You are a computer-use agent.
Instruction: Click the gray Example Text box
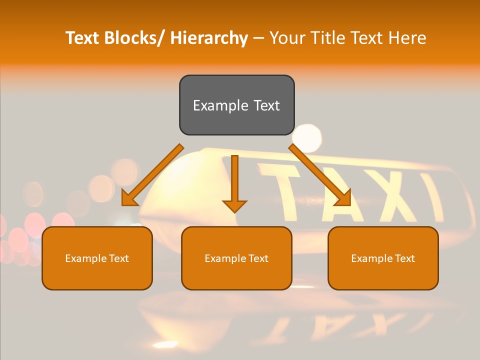click(x=236, y=105)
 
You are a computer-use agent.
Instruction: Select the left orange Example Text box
click(x=97, y=258)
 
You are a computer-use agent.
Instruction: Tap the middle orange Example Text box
click(x=236, y=258)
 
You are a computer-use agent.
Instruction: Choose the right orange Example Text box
click(x=383, y=258)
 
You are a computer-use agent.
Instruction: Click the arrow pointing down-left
click(x=152, y=175)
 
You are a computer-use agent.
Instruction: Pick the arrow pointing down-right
click(x=320, y=175)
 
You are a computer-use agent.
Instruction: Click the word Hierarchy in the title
click(x=209, y=38)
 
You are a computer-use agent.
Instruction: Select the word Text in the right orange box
click(x=403, y=258)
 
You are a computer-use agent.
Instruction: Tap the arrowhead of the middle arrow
click(x=234, y=205)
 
